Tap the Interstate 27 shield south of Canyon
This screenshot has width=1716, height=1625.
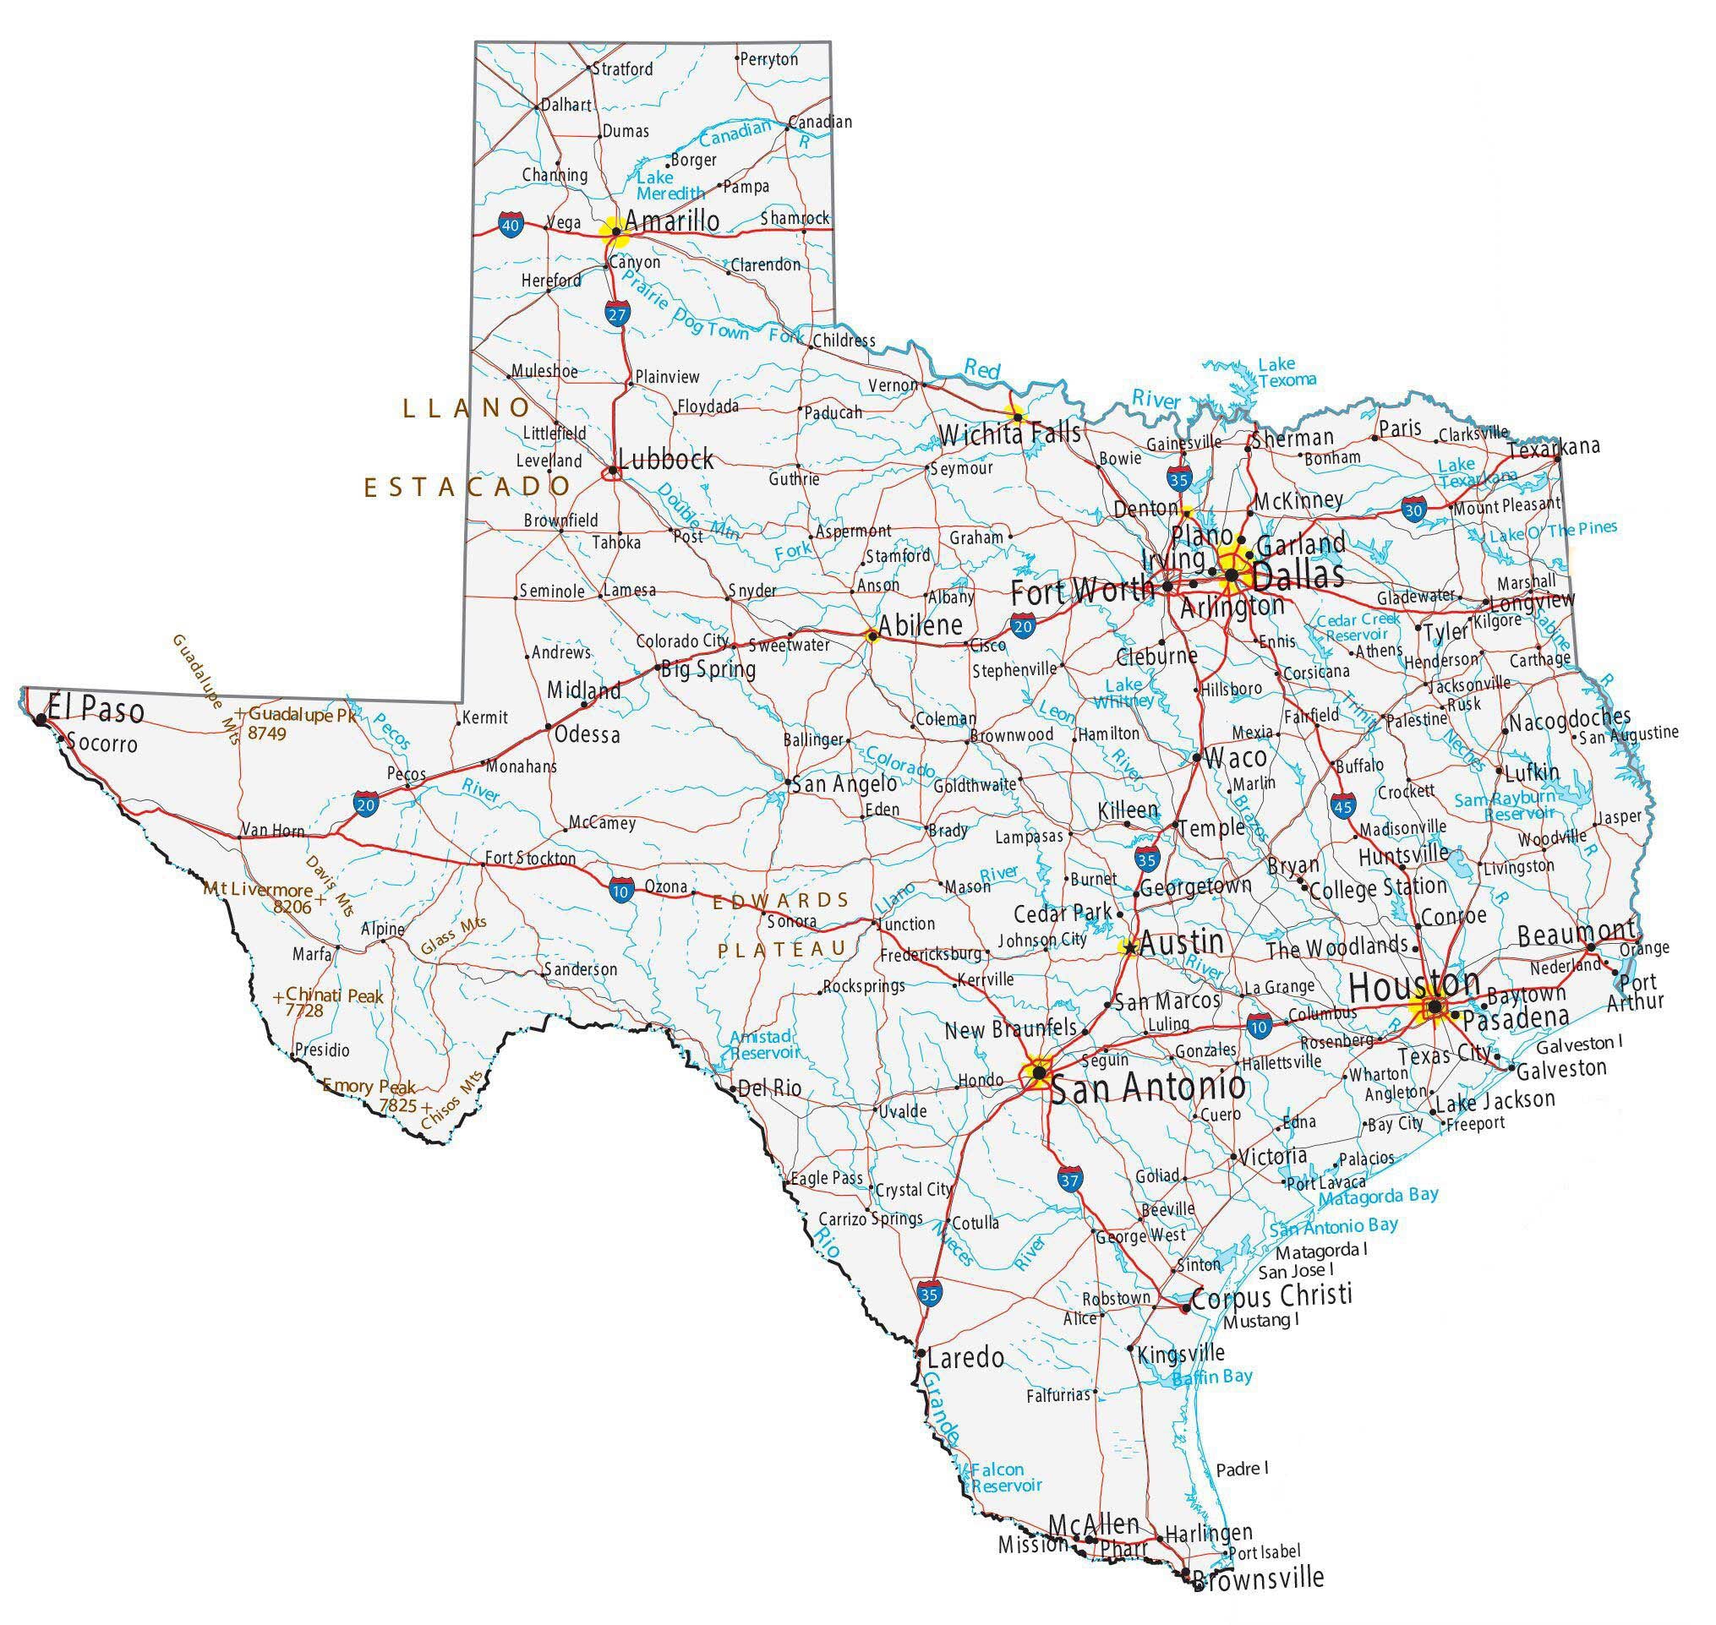[617, 314]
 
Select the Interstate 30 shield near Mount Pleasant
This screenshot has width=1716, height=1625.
[1414, 510]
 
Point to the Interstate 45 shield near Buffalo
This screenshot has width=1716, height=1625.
[1345, 805]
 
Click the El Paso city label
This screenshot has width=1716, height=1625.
[96, 712]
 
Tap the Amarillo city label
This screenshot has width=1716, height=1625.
[672, 221]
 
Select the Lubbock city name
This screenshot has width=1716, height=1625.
[665, 459]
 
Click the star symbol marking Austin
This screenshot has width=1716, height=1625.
[1129, 947]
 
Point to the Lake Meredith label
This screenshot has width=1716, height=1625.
[670, 184]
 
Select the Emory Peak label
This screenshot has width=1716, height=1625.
[369, 1086]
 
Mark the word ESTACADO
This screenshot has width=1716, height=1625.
[466, 488]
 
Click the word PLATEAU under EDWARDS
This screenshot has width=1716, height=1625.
[781, 948]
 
